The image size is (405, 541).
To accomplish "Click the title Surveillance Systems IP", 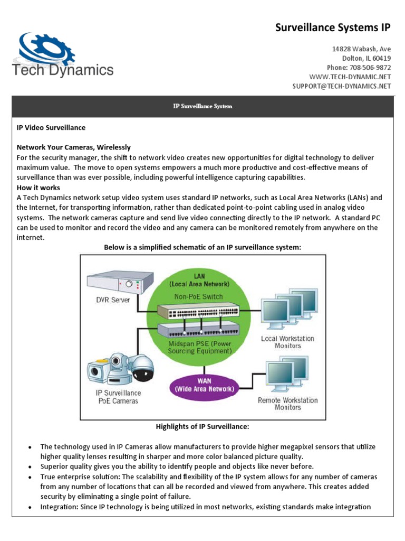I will point(333,27).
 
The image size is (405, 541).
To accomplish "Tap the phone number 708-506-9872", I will point(372,68).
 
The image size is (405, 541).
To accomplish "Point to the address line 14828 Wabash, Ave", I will point(361,49).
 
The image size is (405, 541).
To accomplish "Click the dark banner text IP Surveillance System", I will point(202,106).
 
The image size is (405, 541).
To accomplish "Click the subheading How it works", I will point(38,188).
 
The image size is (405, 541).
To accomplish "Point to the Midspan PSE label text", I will point(200,347).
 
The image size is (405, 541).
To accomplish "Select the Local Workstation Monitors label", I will point(287,342).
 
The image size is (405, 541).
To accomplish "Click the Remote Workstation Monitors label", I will point(287,404).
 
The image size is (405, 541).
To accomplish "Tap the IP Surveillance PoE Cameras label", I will point(118,397).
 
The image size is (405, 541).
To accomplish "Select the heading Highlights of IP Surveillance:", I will point(202,426).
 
